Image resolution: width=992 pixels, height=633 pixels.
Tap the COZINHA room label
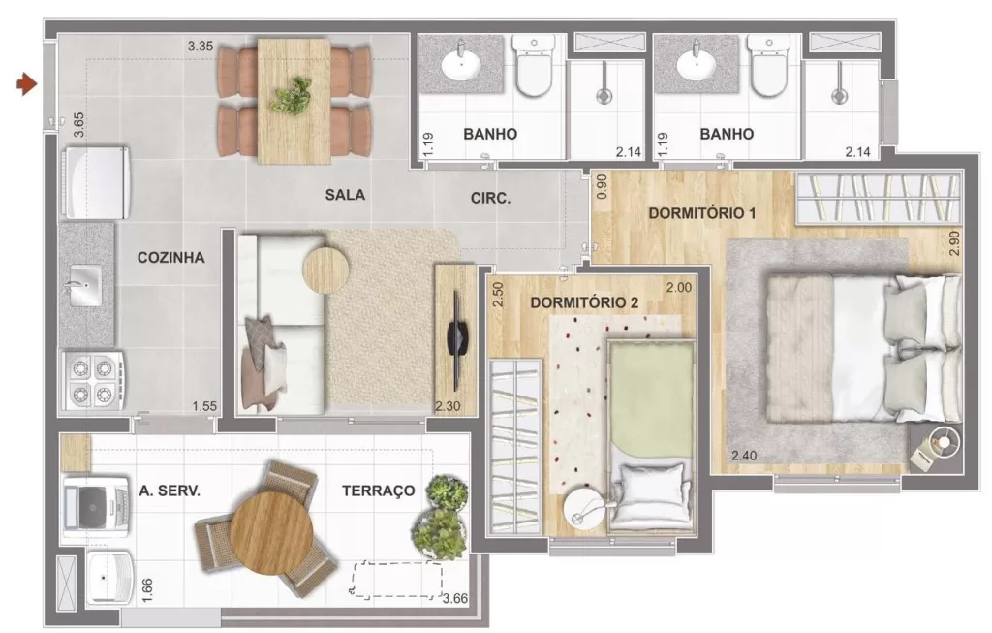(170, 258)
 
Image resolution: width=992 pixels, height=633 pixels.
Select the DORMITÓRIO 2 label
(584, 302)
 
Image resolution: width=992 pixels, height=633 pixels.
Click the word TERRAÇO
(378, 491)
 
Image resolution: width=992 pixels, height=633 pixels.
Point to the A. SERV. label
(170, 491)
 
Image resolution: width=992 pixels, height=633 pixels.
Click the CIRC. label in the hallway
(490, 198)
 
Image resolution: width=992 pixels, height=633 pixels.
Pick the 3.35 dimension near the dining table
(200, 46)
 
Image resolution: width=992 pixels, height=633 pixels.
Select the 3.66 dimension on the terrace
(454, 599)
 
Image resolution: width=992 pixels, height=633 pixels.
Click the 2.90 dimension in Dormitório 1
(955, 242)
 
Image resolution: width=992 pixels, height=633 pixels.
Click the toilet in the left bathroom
(532, 68)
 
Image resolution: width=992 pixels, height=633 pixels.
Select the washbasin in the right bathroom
(696, 65)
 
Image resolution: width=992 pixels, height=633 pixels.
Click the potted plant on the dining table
(291, 95)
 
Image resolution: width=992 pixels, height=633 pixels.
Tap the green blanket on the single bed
(651, 397)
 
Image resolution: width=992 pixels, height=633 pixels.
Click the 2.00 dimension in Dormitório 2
(678, 288)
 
